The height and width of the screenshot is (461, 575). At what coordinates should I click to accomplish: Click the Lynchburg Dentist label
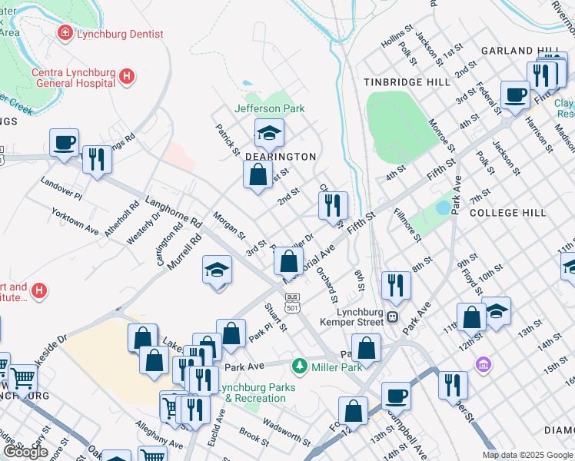click(x=121, y=33)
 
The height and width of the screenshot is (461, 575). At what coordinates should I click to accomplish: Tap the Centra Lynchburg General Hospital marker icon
click(x=128, y=77)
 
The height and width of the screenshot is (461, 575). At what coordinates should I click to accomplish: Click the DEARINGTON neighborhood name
click(x=281, y=156)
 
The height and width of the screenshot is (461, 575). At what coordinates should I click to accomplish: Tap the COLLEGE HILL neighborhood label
click(x=507, y=212)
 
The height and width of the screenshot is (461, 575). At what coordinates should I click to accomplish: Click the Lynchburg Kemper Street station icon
click(x=392, y=316)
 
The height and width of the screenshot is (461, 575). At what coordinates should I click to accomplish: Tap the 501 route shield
click(x=292, y=307)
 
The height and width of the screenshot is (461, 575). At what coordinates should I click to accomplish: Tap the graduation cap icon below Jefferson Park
click(x=269, y=134)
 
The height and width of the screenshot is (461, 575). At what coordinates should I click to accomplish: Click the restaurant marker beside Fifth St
click(x=333, y=205)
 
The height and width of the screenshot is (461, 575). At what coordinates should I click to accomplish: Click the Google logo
click(x=25, y=452)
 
